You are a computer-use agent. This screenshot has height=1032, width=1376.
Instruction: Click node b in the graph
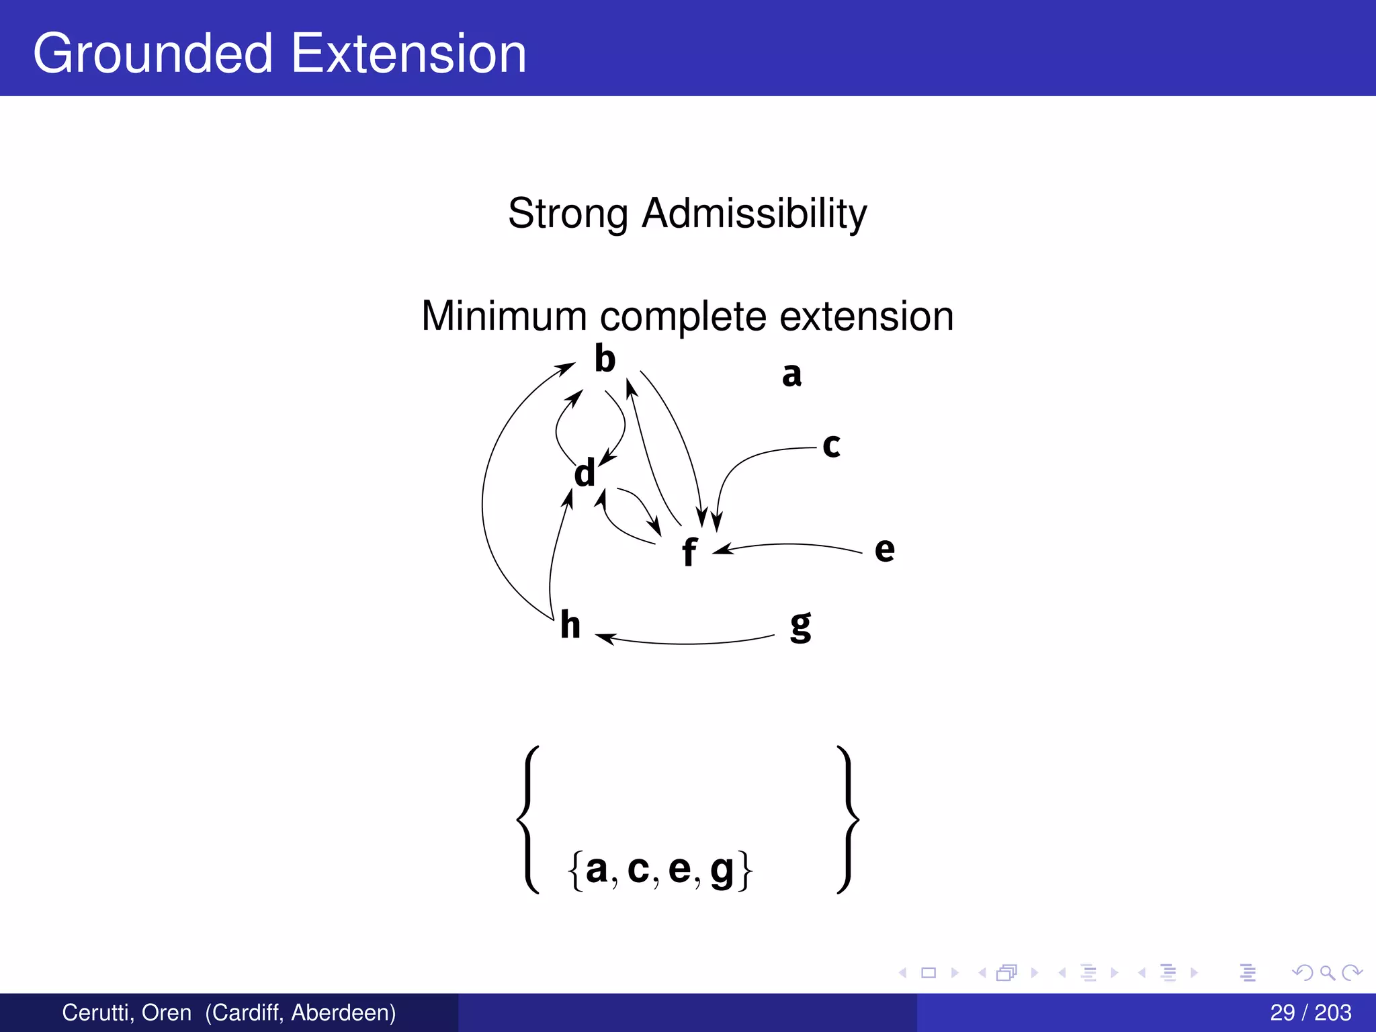[x=605, y=359]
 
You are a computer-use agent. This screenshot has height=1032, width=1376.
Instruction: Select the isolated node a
[x=791, y=374]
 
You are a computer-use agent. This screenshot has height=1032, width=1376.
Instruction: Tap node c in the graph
[x=831, y=445]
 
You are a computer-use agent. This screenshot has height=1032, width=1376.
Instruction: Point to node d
[x=585, y=473]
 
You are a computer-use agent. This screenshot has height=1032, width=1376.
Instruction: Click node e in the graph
[x=884, y=550]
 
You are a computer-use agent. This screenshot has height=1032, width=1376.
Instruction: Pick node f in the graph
[x=689, y=552]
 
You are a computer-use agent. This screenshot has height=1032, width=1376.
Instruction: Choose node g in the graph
[x=800, y=626]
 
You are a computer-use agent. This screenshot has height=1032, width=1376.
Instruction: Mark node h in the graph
[x=570, y=625]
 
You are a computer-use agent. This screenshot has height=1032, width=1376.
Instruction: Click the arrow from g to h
[x=685, y=643]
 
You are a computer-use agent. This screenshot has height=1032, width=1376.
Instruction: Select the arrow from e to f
[x=789, y=544]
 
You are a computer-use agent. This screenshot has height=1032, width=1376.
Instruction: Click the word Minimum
[x=504, y=316]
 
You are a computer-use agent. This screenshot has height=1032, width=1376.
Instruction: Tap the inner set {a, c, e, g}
[x=660, y=869]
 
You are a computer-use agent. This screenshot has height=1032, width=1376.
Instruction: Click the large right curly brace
[x=848, y=820]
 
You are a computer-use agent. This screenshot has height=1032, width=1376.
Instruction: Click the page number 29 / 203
[x=1310, y=1012]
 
